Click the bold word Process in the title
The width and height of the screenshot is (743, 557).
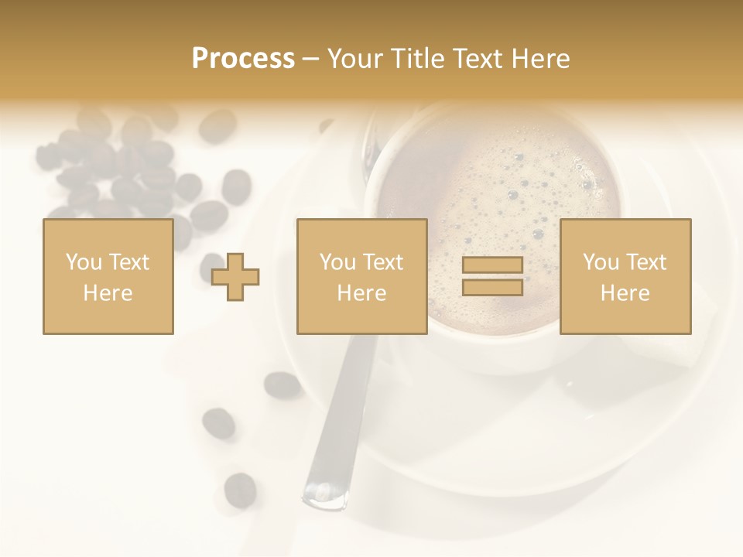tap(243, 59)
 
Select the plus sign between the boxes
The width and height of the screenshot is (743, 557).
tap(235, 276)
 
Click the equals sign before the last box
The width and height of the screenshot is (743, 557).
tap(492, 276)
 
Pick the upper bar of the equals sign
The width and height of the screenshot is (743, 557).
tap(492, 265)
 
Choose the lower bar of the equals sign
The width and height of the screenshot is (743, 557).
tap(492, 287)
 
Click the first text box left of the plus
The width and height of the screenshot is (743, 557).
tap(108, 276)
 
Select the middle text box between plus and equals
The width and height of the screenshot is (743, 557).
tap(361, 276)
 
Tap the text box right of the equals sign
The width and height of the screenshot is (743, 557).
tap(625, 276)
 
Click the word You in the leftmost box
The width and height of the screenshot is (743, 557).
tap(83, 262)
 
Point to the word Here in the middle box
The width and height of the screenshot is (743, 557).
tap(361, 293)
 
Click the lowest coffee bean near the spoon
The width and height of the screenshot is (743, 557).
tap(240, 489)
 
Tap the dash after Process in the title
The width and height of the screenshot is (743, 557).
tap(311, 59)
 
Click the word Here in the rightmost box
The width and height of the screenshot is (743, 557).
tap(625, 293)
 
